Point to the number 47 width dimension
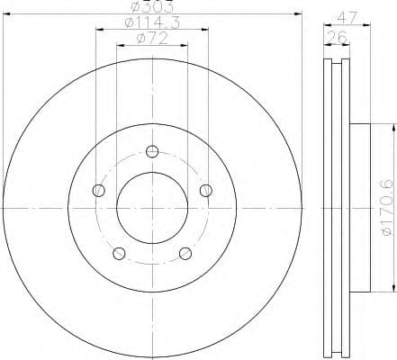tap(346, 15)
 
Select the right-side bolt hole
tap(206, 189)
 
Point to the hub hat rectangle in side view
tap(357, 208)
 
